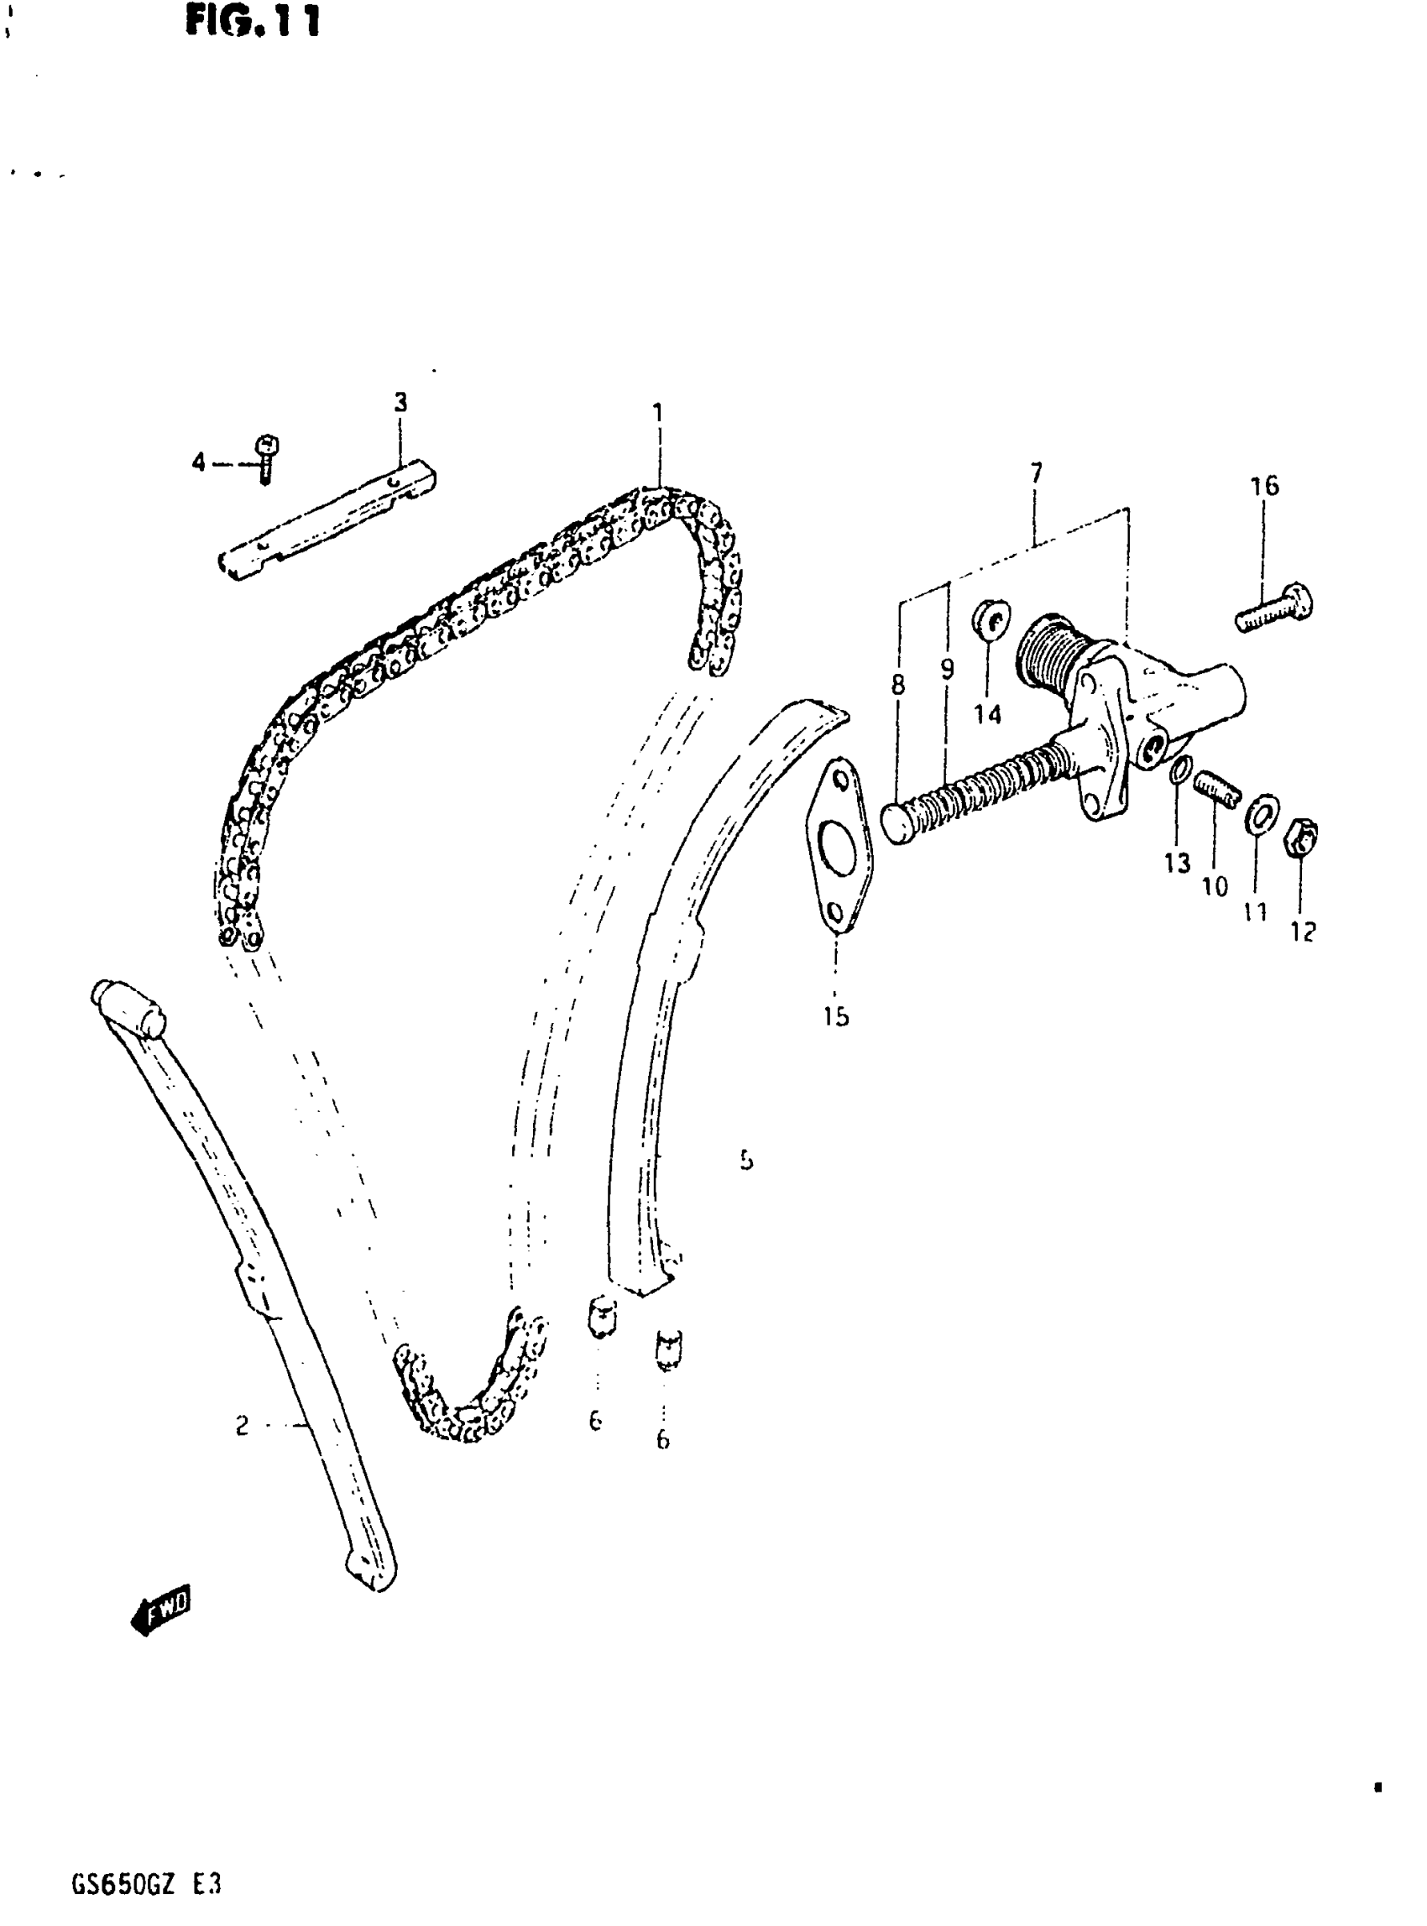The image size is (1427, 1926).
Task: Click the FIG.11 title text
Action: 252,21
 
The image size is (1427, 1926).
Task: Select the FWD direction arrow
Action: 161,1609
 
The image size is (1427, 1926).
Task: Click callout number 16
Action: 1264,486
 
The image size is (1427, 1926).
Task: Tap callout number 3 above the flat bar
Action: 400,403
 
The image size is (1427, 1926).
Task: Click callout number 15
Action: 835,1015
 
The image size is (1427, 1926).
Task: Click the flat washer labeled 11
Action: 1261,813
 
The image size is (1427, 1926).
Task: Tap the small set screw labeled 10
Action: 1218,789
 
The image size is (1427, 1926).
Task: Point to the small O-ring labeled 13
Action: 1181,771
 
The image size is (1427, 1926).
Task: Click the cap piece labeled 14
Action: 989,621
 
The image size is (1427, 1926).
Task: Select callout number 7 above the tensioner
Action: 1036,472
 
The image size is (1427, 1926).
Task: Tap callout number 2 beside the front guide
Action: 242,1425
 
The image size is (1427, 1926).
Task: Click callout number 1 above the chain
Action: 658,412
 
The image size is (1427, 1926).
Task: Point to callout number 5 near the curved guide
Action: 746,1160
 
